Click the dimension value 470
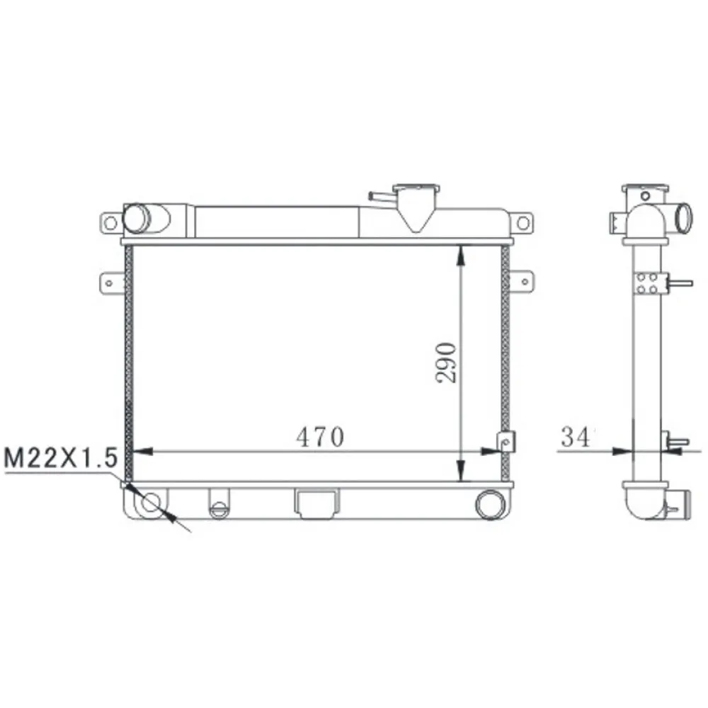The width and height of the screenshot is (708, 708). pos(319,437)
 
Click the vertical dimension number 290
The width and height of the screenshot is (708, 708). pos(447,362)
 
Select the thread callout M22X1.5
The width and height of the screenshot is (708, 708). pos(59,458)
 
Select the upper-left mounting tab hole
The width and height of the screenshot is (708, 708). pos(110,223)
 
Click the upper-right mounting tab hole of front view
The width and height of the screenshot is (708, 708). pos(523,223)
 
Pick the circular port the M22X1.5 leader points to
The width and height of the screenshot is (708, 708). pos(152,504)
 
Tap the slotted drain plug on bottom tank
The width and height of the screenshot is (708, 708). pos(219,507)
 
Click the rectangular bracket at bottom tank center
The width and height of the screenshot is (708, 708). pos(315,502)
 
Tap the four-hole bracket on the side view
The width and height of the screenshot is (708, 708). pos(646,282)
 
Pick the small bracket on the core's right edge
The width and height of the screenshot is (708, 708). pos(506,441)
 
